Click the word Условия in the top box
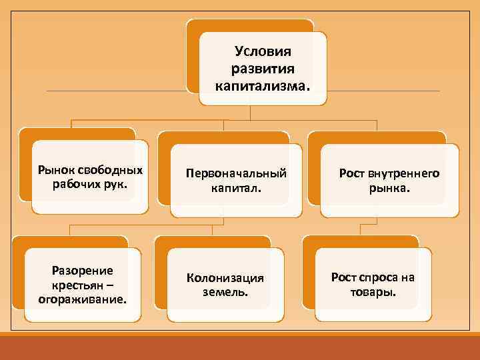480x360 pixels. click(263, 51)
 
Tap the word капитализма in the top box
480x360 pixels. click(259, 86)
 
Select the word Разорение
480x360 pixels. click(82, 270)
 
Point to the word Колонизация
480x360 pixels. click(225, 277)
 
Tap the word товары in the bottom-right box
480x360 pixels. click(373, 292)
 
